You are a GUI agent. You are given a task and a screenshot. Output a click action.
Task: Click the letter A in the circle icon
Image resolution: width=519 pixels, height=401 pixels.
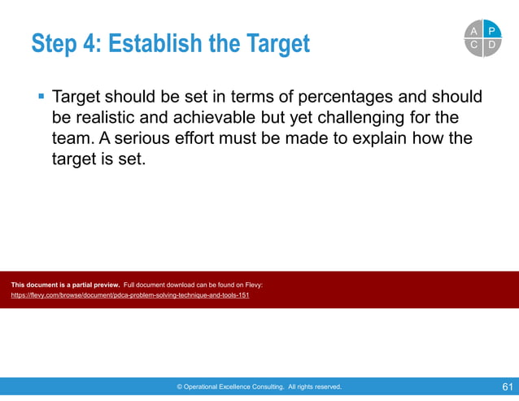tap(474, 31)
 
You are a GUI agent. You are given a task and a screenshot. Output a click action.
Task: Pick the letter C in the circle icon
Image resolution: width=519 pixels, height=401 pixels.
tap(474, 46)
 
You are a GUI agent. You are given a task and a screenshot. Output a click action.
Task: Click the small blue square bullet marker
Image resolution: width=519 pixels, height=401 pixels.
tap(41, 98)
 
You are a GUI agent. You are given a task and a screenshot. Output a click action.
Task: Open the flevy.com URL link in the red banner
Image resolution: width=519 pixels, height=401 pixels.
tap(130, 295)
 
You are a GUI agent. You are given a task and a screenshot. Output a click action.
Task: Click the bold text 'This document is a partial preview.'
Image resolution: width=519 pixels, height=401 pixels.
tap(65, 285)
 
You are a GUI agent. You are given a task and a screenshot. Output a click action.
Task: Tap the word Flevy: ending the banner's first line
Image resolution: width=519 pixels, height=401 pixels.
tap(252, 285)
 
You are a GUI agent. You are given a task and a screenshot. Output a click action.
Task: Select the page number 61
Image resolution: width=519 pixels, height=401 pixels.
tap(507, 386)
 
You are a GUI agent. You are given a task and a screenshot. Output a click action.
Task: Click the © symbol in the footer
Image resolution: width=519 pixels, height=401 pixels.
tap(180, 387)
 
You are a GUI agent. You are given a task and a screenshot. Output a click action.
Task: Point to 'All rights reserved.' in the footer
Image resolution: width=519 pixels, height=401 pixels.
tap(315, 387)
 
